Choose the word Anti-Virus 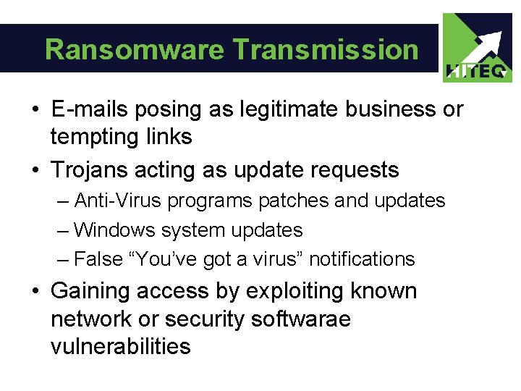pos(118,200)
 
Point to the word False pos(99,258)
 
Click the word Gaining pos(93,291)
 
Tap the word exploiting pos(296,291)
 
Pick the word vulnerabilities pos(120,346)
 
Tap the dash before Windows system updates pos(62,230)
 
